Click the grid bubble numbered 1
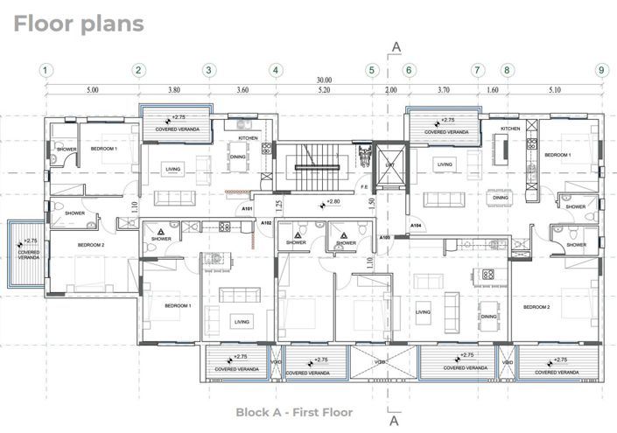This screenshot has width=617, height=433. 46,70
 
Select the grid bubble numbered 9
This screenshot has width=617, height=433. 600,70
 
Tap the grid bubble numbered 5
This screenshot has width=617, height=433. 372,70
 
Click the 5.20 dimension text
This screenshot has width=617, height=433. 324,90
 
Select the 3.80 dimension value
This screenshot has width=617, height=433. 173,90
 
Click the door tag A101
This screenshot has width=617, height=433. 247,210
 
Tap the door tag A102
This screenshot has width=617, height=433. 267,223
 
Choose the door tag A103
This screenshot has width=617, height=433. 384,237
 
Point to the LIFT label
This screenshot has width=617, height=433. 389,164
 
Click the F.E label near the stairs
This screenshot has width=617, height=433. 363,186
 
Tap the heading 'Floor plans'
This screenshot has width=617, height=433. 78,24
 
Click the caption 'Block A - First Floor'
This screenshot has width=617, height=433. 294,412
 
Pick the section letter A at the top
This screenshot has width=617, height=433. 396,46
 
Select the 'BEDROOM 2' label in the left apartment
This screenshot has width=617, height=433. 90,245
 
